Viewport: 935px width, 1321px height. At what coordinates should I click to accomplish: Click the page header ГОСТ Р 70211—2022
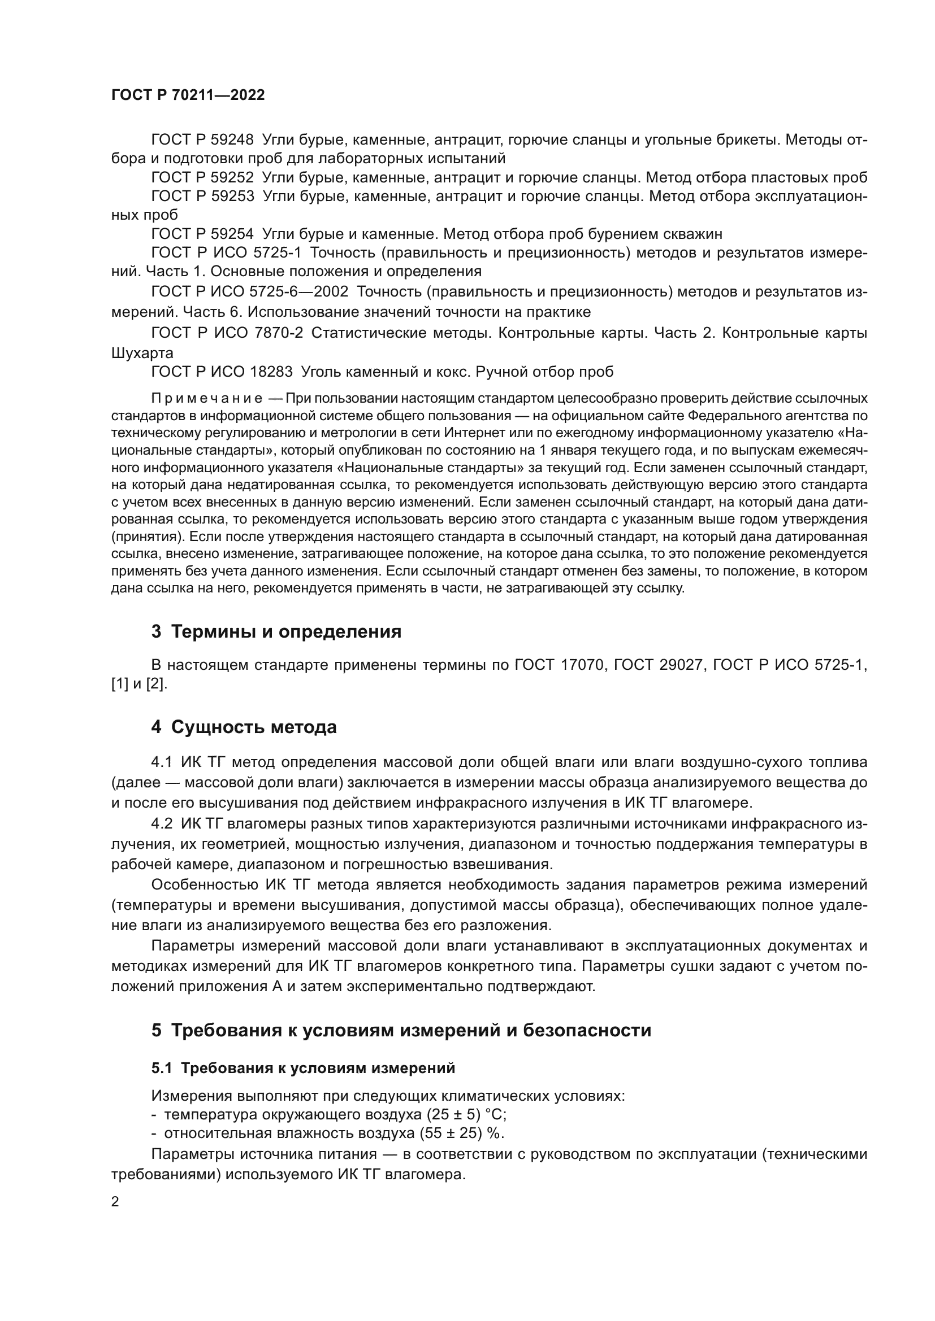188,95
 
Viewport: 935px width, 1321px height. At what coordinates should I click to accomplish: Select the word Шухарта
142,352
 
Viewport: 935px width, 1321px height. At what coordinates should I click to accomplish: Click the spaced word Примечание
207,399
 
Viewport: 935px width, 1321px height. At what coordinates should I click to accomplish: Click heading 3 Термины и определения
276,632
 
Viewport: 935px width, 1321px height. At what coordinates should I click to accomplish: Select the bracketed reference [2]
155,685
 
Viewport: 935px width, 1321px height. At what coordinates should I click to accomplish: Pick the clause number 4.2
162,824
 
